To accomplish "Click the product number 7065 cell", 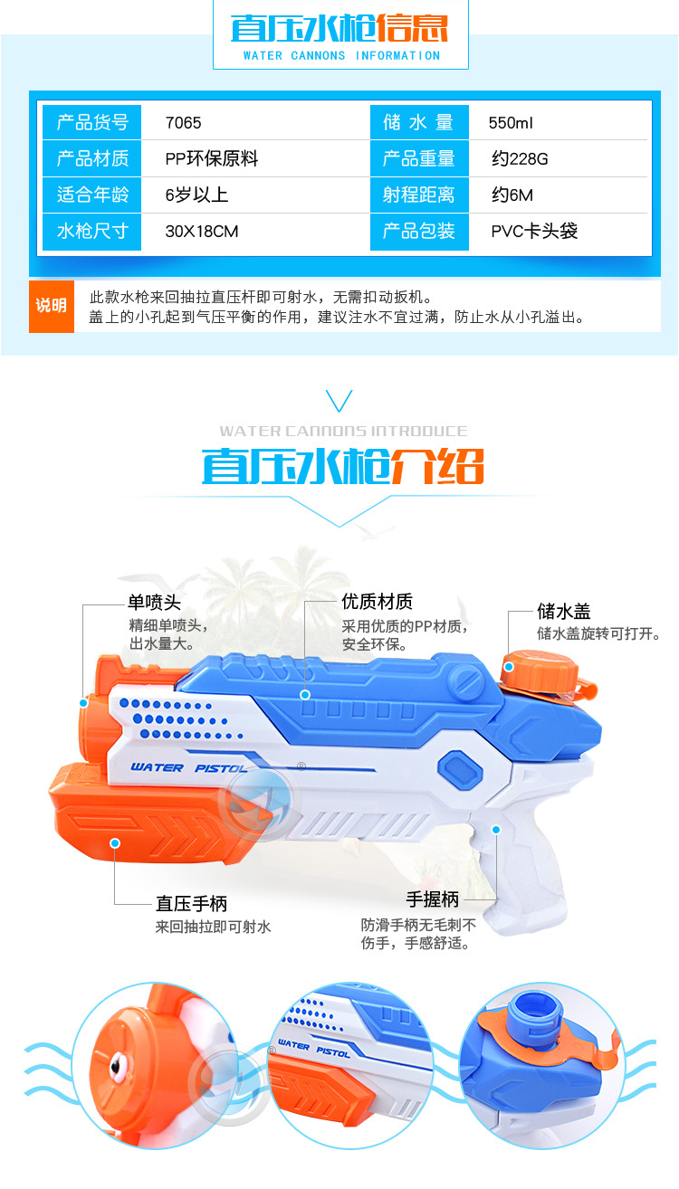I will click(x=184, y=123).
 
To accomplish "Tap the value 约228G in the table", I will click(x=520, y=159).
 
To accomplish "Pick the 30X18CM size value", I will click(x=202, y=232).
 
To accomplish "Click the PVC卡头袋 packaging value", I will click(x=534, y=232).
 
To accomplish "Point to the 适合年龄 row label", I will click(x=93, y=195).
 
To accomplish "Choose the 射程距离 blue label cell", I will click(x=419, y=195).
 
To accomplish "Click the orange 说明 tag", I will click(x=52, y=306).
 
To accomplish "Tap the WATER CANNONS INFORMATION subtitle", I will click(x=341, y=55).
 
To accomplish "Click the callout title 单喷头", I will click(x=155, y=602).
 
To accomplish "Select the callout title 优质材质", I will click(x=377, y=602).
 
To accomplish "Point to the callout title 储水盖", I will click(x=563, y=612).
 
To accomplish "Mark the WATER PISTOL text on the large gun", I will click(x=170, y=767).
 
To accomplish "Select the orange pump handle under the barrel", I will click(x=154, y=819).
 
